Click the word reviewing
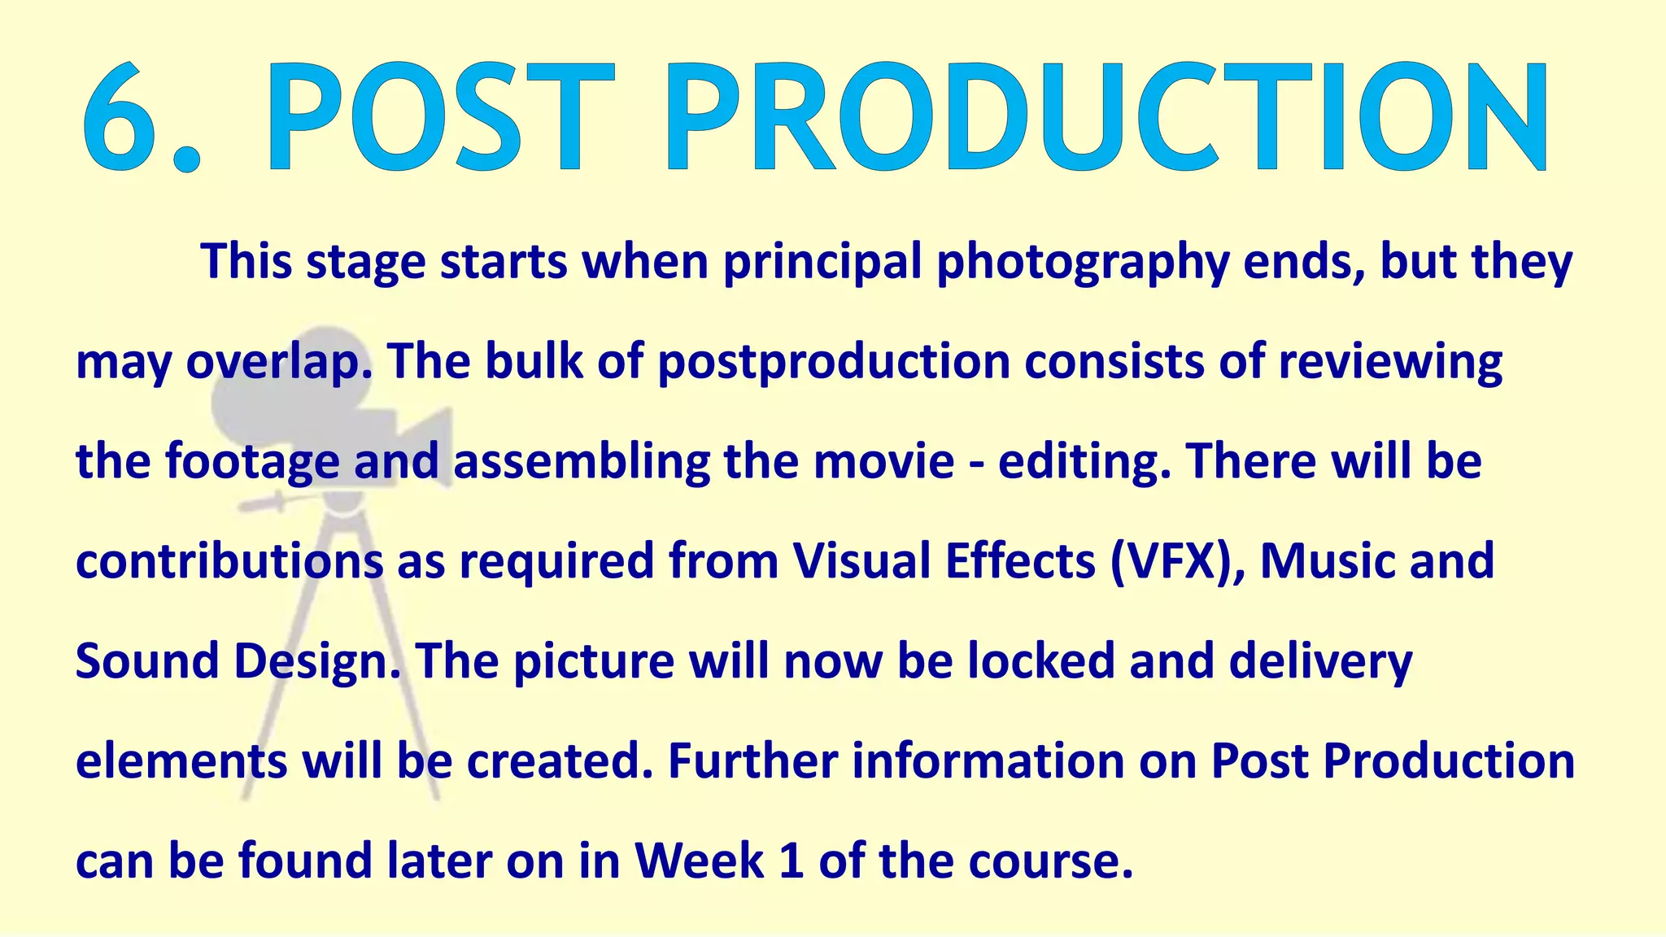1390,363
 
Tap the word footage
252,463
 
